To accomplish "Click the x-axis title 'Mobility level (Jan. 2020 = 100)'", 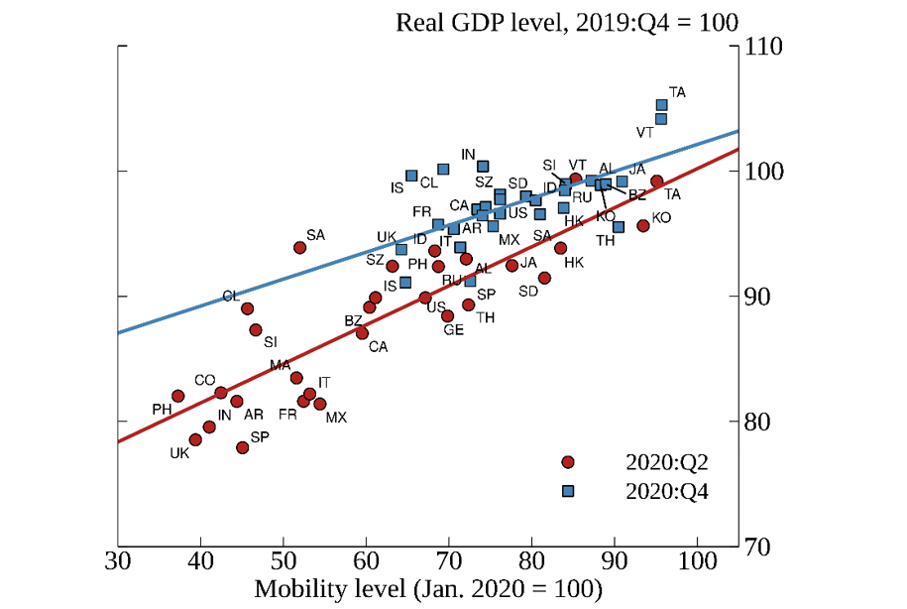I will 428,589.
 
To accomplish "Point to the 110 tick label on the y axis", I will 764,47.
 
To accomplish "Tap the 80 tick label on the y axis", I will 758,422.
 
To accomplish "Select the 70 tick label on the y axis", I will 758,547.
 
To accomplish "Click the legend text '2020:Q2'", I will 667,462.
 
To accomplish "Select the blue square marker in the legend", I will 567,490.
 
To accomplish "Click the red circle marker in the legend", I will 567,462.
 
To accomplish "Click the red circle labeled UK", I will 195,439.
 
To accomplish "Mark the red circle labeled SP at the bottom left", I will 243,447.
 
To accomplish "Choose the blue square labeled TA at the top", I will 661,105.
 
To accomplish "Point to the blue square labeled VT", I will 660,119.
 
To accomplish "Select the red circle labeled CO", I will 221,393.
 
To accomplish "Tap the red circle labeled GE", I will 447,315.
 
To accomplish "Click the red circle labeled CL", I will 247,308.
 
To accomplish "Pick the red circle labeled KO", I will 642,225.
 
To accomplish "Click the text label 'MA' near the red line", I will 280,365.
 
